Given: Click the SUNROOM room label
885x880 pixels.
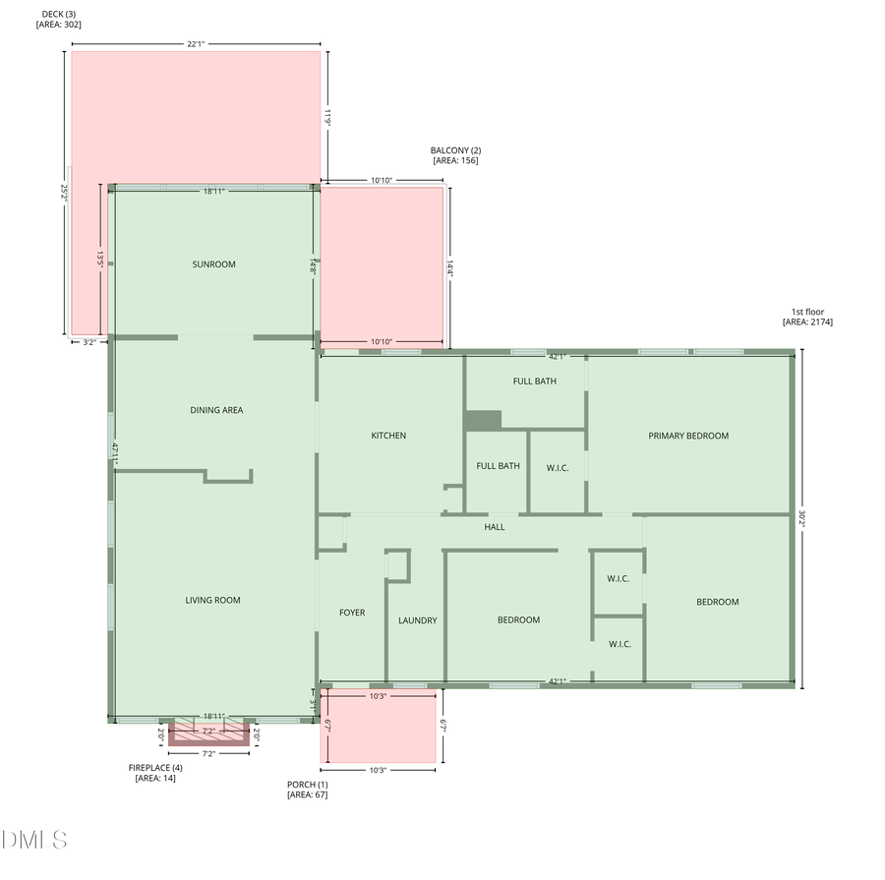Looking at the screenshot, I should [x=213, y=264].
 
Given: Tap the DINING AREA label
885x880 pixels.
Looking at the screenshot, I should [x=216, y=410].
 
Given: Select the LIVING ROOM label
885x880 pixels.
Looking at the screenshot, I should [x=212, y=600].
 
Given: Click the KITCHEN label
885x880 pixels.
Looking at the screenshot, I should [x=388, y=436].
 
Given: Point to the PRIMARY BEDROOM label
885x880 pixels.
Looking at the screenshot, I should [x=688, y=436].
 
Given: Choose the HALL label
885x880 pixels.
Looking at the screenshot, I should [x=494, y=527].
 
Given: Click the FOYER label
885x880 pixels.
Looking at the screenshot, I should [x=352, y=613].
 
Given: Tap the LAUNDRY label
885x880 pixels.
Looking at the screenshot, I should [x=417, y=620].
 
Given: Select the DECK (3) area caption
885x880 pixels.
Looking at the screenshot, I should [x=59, y=19].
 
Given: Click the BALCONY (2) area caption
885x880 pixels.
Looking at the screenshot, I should [x=455, y=155].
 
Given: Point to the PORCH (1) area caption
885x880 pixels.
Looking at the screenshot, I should [x=307, y=789].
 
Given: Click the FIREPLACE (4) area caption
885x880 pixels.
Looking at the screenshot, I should [x=155, y=773].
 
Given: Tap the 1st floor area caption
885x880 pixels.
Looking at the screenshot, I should [x=807, y=317].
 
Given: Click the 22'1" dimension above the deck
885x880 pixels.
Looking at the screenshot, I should [x=196, y=43].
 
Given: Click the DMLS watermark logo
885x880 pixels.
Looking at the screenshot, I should [x=34, y=840].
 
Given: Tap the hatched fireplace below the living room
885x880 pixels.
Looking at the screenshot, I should [x=208, y=733].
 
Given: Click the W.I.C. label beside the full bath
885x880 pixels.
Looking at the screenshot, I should [x=558, y=467].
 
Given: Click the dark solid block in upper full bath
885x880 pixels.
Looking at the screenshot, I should [x=483, y=420].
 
